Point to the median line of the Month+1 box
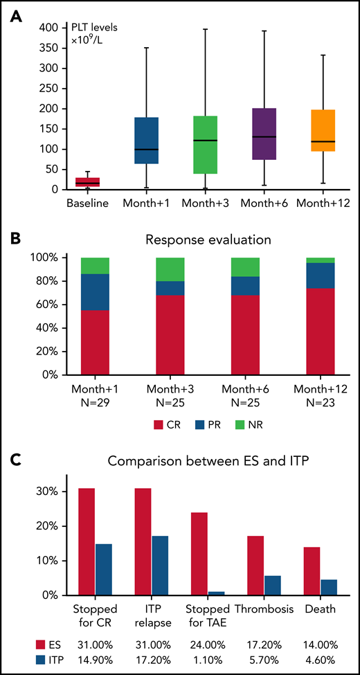click(x=145, y=150)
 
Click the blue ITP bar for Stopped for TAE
click(x=218, y=593)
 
